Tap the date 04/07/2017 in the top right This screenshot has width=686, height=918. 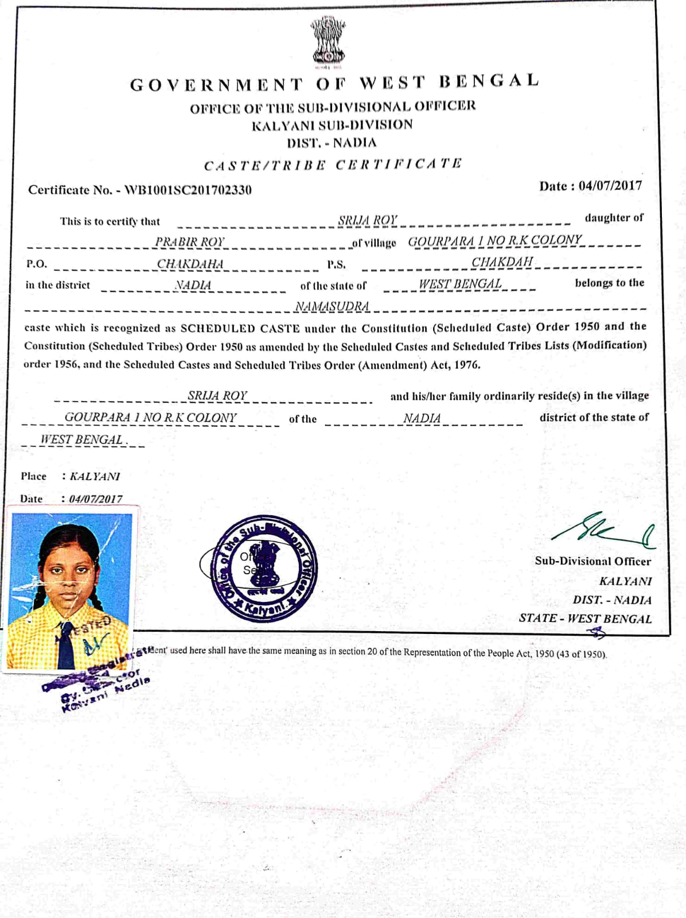(610, 186)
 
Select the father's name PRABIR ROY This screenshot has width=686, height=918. (190, 242)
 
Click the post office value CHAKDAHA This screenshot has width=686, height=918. (190, 264)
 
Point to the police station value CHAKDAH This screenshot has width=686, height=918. (502, 262)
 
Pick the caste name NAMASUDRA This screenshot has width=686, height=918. (332, 307)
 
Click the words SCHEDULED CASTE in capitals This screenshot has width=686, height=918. (240, 329)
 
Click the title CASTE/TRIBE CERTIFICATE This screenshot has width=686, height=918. (333, 165)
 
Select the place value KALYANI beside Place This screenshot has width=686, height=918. (95, 476)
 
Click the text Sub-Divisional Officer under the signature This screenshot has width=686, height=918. (593, 561)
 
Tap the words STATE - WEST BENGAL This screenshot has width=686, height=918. (585, 619)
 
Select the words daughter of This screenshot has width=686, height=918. (614, 218)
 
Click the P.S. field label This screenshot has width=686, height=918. (336, 264)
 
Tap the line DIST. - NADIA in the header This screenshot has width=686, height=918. (332, 143)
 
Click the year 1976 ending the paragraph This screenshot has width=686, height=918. (466, 365)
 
